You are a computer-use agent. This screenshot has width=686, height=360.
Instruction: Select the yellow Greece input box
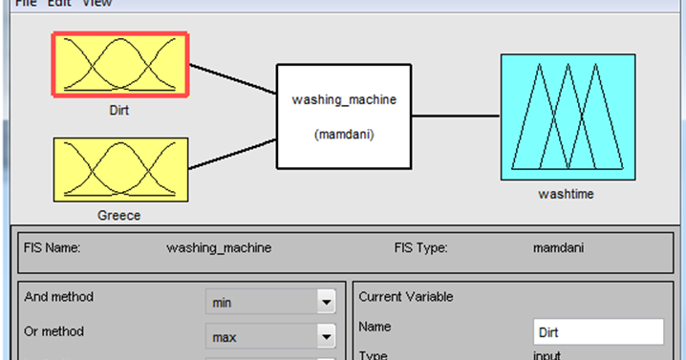click(119, 168)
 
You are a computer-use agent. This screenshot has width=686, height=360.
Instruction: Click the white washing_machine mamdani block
click(343, 116)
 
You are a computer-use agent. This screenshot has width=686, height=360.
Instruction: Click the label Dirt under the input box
click(119, 111)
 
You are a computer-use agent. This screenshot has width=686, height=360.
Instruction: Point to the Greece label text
click(119, 215)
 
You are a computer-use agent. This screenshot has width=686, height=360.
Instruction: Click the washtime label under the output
click(566, 194)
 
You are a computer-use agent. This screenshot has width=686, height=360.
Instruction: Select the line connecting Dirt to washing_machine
click(232, 79)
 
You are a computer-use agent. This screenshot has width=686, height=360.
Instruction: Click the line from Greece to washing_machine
click(232, 154)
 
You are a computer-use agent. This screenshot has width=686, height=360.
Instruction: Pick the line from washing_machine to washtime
click(456, 116)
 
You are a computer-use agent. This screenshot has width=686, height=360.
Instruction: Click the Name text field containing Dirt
click(597, 332)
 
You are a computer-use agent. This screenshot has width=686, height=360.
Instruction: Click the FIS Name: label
click(52, 247)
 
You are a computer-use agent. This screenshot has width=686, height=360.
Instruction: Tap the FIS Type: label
click(420, 247)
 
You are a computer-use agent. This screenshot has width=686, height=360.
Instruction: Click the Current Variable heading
click(405, 297)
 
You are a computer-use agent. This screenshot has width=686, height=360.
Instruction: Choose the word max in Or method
click(225, 337)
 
